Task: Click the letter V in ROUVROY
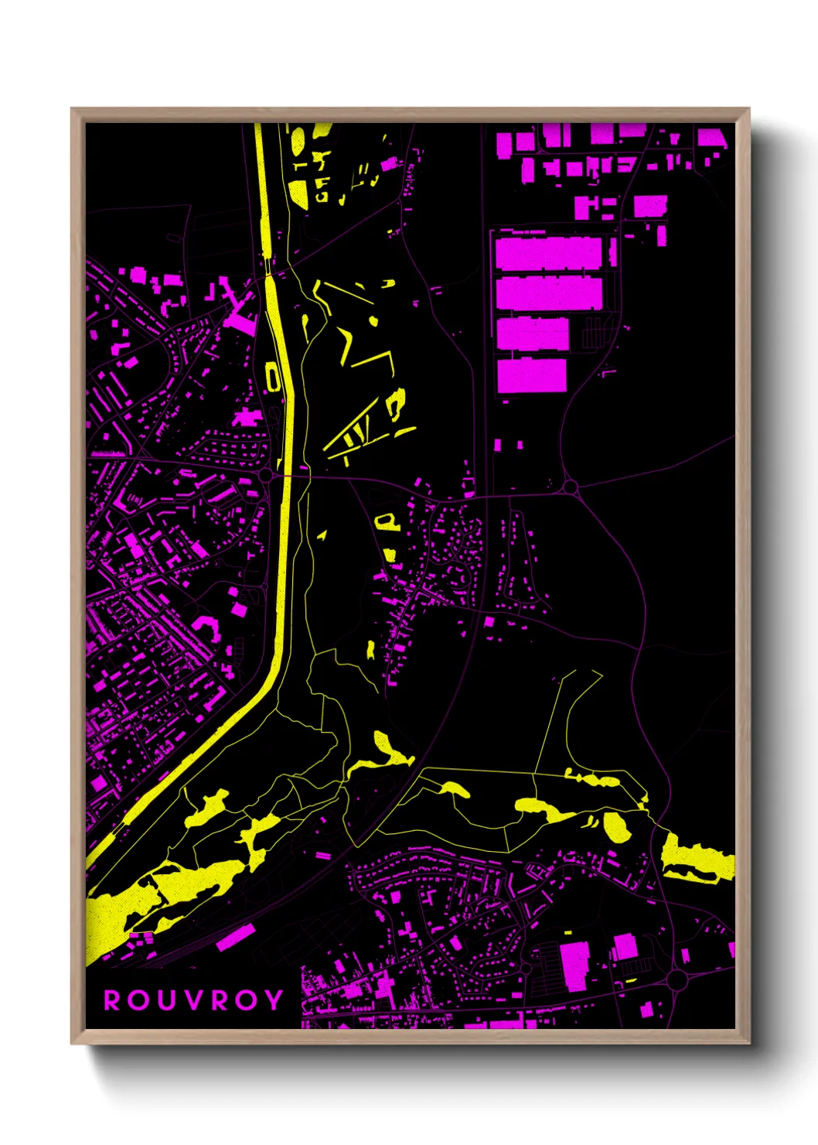[x=195, y=1000]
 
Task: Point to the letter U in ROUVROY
[x=167, y=1000]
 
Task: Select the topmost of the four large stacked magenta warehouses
[x=548, y=254]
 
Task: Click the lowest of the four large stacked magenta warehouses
[x=531, y=375]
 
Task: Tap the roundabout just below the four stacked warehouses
[x=571, y=487]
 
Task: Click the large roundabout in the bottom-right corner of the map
[x=677, y=980]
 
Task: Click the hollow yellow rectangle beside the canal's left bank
[x=272, y=377]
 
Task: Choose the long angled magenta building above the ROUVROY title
[x=236, y=936]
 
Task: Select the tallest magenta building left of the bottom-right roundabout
[x=574, y=966]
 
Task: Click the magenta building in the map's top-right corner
[x=713, y=139]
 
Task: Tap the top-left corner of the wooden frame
[x=73, y=110]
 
